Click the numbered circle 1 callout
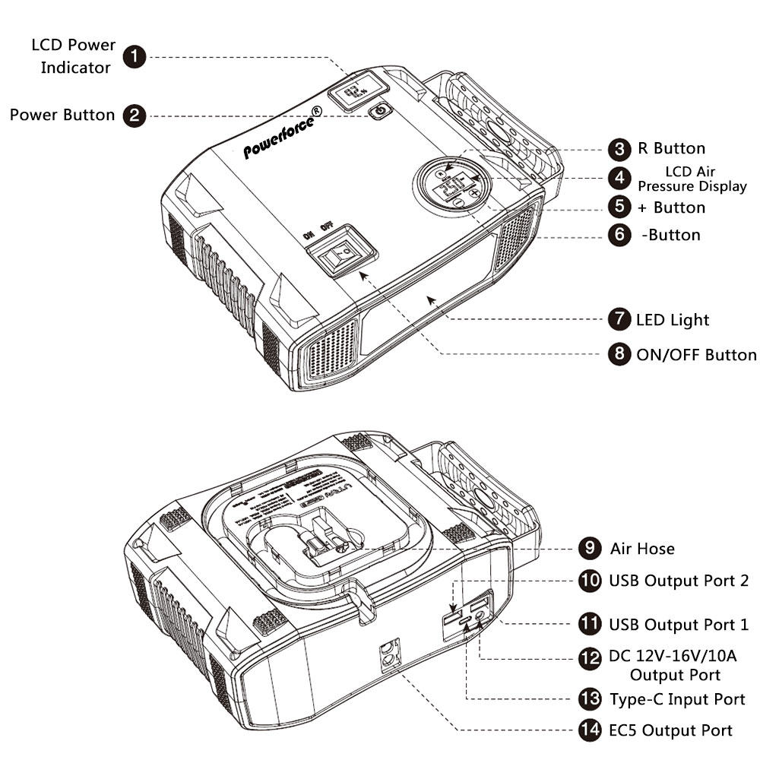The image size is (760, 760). (135, 57)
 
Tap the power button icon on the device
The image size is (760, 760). (381, 112)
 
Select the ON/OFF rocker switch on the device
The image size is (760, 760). (339, 252)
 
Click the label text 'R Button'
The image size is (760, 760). (669, 148)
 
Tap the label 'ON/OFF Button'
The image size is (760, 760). (696, 355)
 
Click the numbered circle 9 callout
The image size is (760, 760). (590, 548)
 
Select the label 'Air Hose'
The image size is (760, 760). (642, 548)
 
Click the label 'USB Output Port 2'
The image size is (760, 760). (678, 581)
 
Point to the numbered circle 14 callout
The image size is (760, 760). (590, 730)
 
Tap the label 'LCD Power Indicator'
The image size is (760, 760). (74, 55)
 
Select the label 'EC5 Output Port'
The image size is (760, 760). (671, 730)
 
